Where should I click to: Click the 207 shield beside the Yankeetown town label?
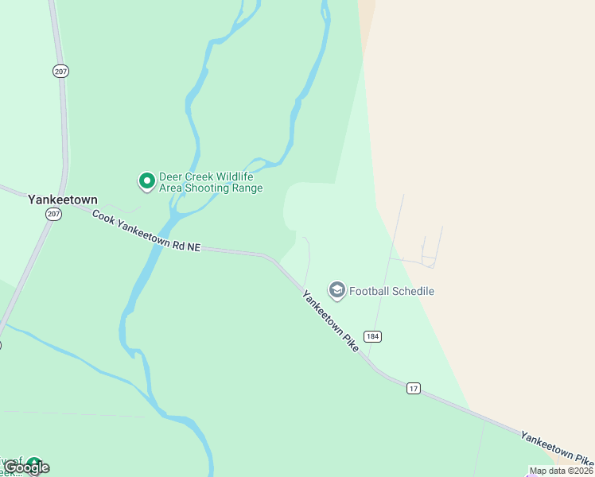click(x=53, y=215)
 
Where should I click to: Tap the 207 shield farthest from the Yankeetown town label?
click(x=61, y=72)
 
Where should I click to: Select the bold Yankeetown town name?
click(x=62, y=199)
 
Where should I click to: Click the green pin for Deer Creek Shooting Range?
click(x=146, y=181)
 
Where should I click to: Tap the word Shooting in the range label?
click(x=209, y=188)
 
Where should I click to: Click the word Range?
click(x=247, y=188)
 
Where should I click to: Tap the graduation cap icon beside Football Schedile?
click(x=337, y=291)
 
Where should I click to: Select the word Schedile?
click(x=414, y=291)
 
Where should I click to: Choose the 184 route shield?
click(x=373, y=336)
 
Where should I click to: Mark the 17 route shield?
click(x=413, y=388)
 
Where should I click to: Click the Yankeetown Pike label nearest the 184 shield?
click(x=330, y=321)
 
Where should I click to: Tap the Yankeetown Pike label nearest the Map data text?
click(x=556, y=448)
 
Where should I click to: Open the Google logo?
click(x=27, y=467)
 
